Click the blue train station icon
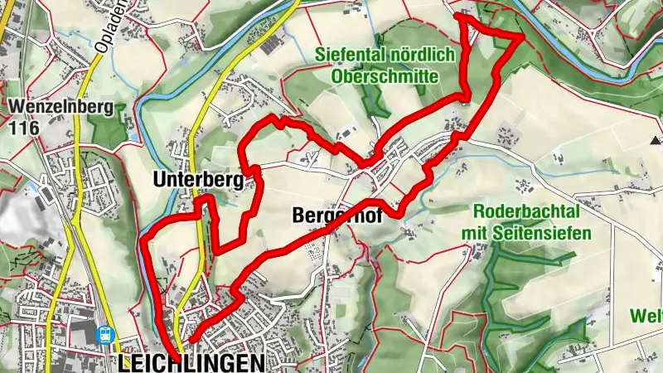[x=105, y=335]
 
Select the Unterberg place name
[x=196, y=179]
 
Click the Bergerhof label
[x=330, y=216]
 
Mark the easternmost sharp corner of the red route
[x=521, y=36]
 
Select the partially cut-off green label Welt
[x=646, y=316]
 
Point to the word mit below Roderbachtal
[x=479, y=233]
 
